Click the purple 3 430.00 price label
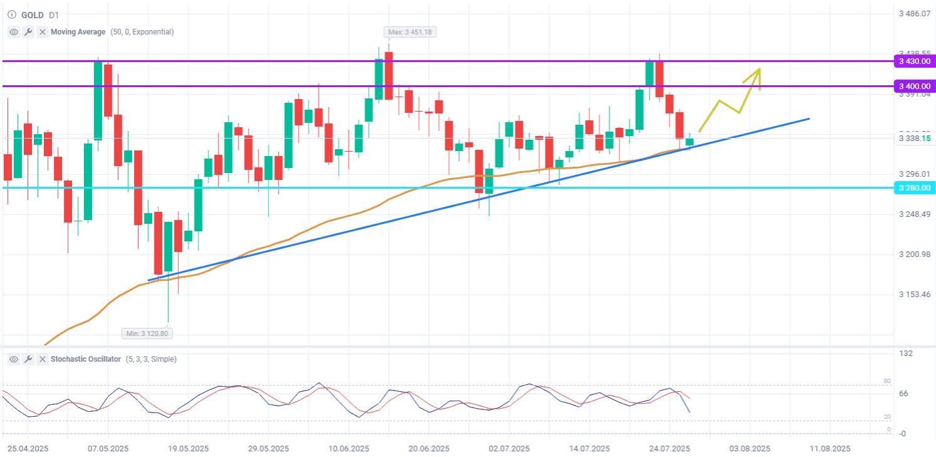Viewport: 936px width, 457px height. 914,61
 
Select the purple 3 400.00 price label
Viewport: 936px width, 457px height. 914,86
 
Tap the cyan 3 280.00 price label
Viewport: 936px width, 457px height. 914,187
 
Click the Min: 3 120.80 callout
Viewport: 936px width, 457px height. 147,334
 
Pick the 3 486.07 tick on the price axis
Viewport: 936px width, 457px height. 914,13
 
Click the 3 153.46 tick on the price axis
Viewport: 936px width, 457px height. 914,295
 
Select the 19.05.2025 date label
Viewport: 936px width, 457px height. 189,449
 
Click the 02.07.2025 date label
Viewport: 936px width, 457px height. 509,449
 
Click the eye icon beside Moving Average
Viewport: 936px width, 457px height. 14,32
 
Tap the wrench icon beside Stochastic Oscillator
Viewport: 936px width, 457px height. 28,359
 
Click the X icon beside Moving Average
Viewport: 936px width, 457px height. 42,32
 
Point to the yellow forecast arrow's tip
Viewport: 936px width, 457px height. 759,69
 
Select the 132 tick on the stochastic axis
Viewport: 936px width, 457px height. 906,354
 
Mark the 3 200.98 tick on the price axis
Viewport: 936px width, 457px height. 914,254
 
